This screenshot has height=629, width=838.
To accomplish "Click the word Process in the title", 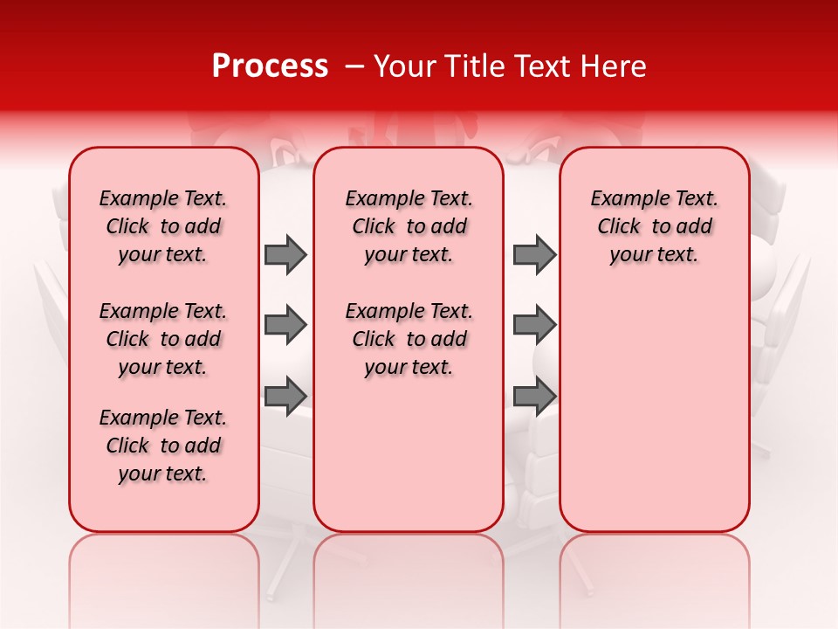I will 270,66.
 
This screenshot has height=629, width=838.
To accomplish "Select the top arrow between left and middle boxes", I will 285,254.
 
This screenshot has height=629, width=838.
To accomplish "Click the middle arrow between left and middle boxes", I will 285,325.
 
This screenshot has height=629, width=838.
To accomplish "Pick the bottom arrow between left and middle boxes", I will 285,396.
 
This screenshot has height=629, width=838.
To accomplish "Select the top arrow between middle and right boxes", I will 534,254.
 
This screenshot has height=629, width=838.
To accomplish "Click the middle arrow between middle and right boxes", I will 534,325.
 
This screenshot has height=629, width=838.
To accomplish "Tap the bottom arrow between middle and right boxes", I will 534,396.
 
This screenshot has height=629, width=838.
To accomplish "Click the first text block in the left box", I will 163,226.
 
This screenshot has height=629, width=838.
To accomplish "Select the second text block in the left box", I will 163,339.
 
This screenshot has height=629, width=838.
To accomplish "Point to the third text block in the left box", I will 163,446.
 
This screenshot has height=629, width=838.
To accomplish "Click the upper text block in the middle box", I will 409,226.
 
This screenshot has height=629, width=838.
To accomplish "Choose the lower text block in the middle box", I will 409,339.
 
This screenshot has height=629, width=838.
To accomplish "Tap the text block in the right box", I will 654,226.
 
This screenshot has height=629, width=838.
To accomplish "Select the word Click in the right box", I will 619,226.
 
